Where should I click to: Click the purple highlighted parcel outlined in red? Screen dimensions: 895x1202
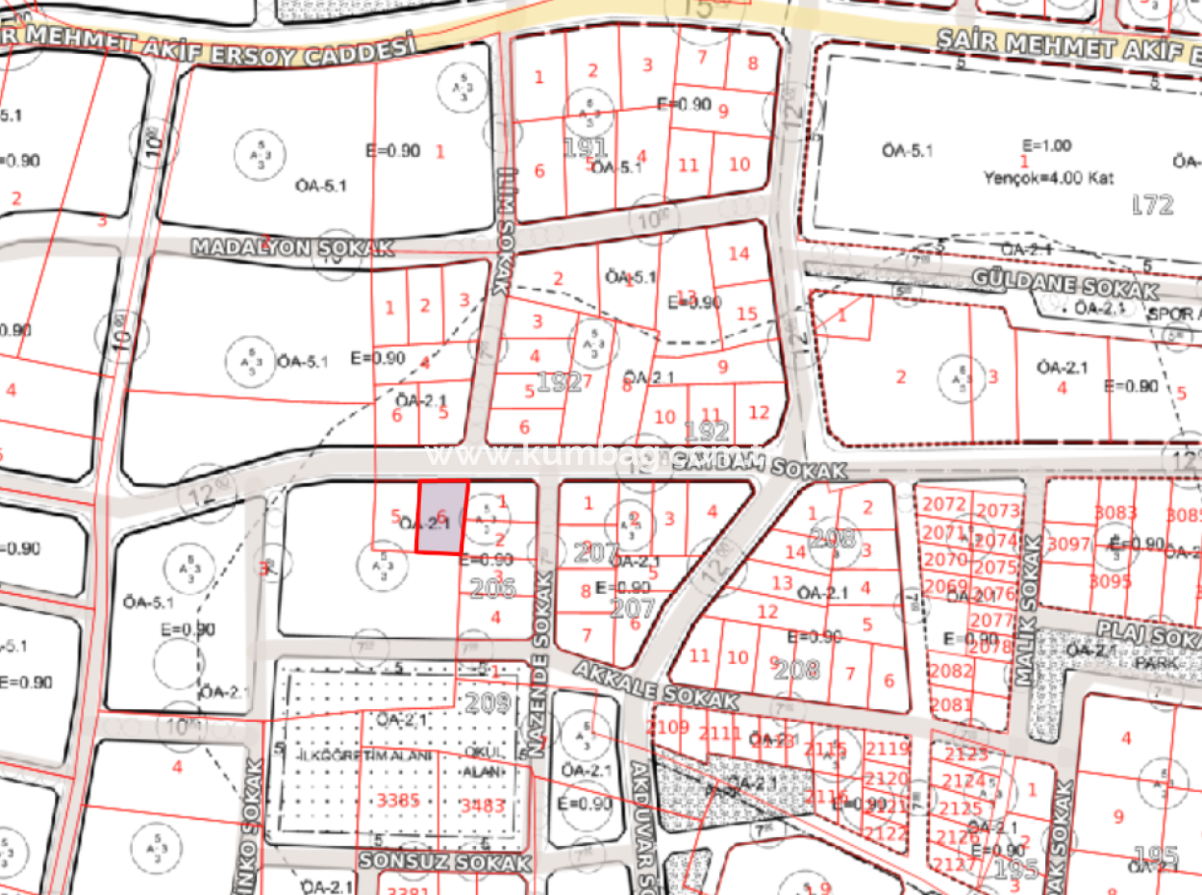441,518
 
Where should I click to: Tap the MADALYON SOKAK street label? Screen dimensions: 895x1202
292,247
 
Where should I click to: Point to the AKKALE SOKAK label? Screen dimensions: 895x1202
655,683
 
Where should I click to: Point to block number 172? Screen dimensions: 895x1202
1154,204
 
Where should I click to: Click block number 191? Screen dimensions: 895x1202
585,148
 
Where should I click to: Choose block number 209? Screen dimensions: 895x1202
488,703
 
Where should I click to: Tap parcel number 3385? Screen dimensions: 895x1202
398,800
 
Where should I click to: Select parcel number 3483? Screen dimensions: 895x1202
484,805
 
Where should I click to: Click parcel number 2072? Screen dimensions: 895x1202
942,504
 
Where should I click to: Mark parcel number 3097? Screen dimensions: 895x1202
1068,545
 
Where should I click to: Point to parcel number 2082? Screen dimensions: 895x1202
952,671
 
